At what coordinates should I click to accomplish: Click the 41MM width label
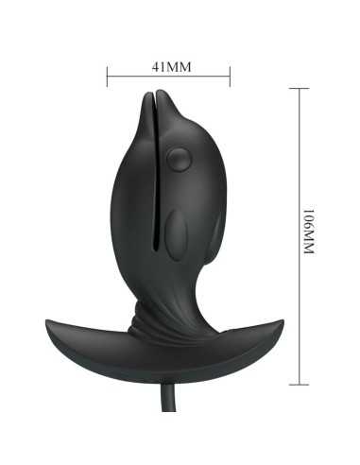[169, 67]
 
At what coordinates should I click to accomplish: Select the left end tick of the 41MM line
[108, 76]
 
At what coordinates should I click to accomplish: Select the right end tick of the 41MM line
[230, 76]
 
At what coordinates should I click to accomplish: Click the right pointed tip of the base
[283, 321]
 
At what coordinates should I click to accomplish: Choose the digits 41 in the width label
[158, 67]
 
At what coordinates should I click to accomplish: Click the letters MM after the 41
[179, 67]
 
